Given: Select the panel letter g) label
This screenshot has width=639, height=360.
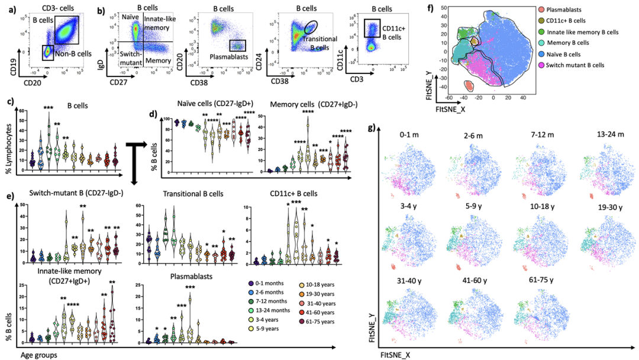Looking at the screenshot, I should [x=372, y=128].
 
